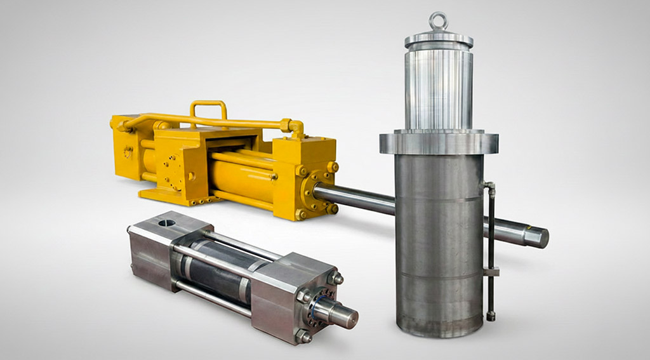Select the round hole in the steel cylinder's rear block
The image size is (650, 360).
click(x=166, y=222)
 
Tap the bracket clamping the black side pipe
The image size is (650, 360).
click(x=491, y=272)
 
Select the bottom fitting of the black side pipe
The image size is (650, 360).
click(x=491, y=316)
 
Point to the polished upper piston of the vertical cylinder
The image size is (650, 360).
click(x=439, y=89)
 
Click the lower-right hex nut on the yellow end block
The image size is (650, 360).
click(x=331, y=208)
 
